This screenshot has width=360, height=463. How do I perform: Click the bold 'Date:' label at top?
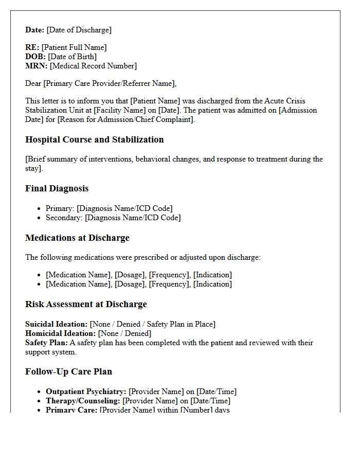pyautogui.click(x=34, y=30)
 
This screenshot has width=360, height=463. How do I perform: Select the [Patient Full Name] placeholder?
pyautogui.click(x=74, y=47)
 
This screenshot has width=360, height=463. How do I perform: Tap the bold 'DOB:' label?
pyautogui.click(x=35, y=57)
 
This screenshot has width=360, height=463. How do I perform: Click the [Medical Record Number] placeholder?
pyautogui.click(x=93, y=66)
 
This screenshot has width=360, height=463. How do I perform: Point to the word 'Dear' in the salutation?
pyautogui.click(x=33, y=83)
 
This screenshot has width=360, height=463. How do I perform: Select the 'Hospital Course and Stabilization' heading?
pyautogui.click(x=94, y=139)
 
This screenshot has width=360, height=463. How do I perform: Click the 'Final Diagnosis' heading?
pyautogui.click(x=57, y=188)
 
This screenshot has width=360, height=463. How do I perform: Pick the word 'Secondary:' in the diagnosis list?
pyautogui.click(x=64, y=218)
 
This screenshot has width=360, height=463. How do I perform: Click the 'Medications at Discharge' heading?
pyautogui.click(x=77, y=238)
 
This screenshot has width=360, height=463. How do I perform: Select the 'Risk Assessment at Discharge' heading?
pyautogui.click(x=86, y=304)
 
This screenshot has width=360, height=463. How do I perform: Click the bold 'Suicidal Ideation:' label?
pyautogui.click(x=56, y=324)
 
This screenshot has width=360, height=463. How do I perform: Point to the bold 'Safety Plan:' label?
pyautogui.click(x=46, y=343)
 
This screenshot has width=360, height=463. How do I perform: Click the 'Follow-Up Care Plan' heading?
pyautogui.click(x=68, y=371)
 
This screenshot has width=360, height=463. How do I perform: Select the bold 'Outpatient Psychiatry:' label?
pyautogui.click(x=86, y=391)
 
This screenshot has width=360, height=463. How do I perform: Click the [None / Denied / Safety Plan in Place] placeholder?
pyautogui.click(x=152, y=324)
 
